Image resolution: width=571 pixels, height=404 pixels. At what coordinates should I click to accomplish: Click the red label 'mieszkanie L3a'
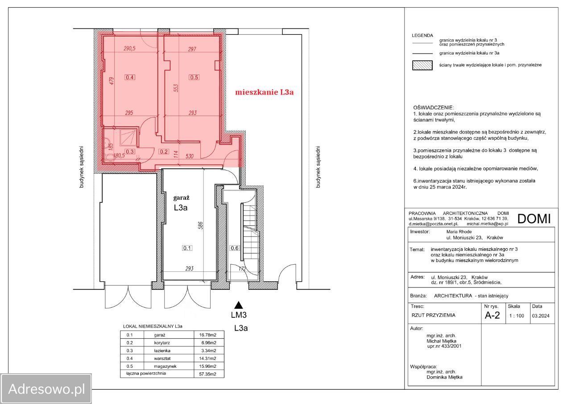point(264,92)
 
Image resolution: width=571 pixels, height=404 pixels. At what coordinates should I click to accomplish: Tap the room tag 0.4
point(130,77)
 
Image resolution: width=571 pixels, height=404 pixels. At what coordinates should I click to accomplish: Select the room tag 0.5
point(194,77)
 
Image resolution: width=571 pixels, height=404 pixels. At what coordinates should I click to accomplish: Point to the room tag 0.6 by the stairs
point(235,248)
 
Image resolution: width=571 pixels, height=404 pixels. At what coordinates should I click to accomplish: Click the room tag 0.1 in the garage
point(187,248)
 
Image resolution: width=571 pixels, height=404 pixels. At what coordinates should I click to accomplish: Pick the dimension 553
point(176,88)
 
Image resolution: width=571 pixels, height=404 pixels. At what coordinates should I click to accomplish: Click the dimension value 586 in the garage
point(201,225)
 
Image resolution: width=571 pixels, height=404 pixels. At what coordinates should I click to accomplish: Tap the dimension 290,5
point(129,49)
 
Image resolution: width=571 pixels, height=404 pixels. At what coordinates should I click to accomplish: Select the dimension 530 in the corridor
point(190,156)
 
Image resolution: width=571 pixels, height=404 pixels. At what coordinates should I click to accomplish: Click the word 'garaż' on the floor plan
point(181,198)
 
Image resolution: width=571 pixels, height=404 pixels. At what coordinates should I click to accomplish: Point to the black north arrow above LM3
point(238,305)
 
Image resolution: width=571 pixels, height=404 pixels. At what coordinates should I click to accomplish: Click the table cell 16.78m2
point(207,335)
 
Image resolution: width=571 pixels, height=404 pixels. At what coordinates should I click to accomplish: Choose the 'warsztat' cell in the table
point(162,358)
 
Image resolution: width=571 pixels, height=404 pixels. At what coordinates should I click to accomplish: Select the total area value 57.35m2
point(207,374)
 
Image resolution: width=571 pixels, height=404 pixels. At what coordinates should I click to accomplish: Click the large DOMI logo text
point(534,219)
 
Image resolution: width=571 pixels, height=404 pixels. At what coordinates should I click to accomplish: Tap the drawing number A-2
point(492,316)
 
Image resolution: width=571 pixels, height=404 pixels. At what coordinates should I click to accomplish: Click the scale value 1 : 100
point(517,316)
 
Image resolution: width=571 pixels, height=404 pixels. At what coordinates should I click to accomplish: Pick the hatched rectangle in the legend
point(422,65)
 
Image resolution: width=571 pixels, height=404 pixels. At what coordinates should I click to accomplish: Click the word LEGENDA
point(422,35)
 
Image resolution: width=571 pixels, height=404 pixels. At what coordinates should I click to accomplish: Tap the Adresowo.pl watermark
point(46,389)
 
